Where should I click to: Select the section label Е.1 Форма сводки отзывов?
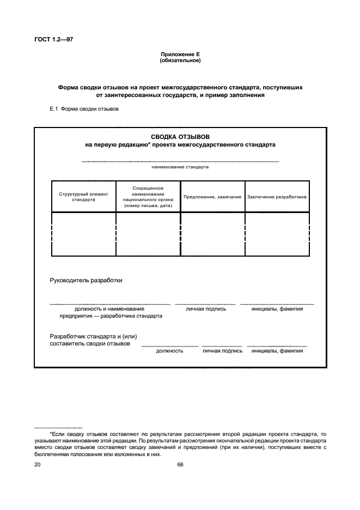click(84, 109)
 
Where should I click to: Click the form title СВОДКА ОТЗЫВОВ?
click(180, 137)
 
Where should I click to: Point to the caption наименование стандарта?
click(180, 167)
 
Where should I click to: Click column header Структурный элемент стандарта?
click(83, 196)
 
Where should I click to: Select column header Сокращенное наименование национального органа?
click(148, 197)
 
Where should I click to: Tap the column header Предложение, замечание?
click(212, 197)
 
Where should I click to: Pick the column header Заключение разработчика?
click(277, 197)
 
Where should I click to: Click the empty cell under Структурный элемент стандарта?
click(83, 234)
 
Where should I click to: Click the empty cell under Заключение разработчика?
click(277, 234)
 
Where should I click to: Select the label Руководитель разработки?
click(86, 281)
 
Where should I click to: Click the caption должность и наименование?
click(109, 309)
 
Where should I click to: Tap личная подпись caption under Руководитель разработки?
click(206, 309)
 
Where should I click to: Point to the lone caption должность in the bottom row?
click(169, 351)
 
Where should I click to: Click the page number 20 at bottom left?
click(37, 465)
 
